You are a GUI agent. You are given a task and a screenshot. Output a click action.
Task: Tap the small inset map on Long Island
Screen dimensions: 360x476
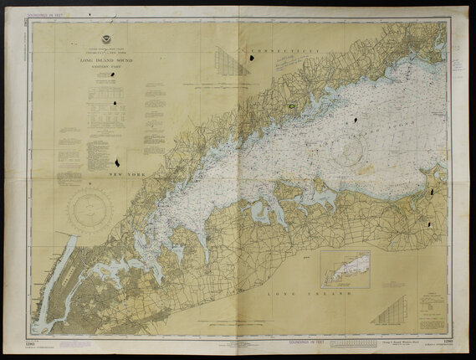pos(346,269)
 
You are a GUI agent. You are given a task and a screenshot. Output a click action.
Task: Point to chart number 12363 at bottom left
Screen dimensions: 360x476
pos(35,342)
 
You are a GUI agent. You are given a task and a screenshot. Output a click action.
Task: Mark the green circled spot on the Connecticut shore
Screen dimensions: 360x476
pos(289,106)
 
